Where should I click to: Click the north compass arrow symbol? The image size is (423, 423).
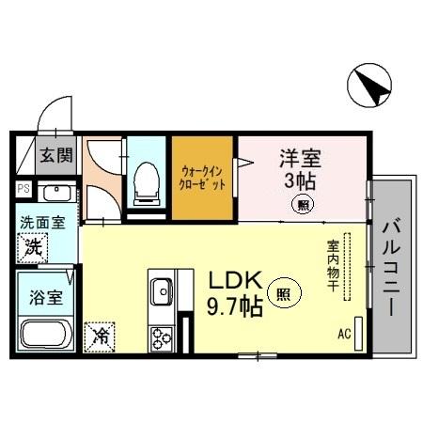coord(369,86)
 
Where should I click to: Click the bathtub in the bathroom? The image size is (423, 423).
coord(47,335)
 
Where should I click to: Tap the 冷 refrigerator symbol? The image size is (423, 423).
coord(99,336)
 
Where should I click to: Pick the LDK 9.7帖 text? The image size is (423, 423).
coord(238,293)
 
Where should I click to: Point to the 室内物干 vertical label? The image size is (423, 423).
coord(333,269)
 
